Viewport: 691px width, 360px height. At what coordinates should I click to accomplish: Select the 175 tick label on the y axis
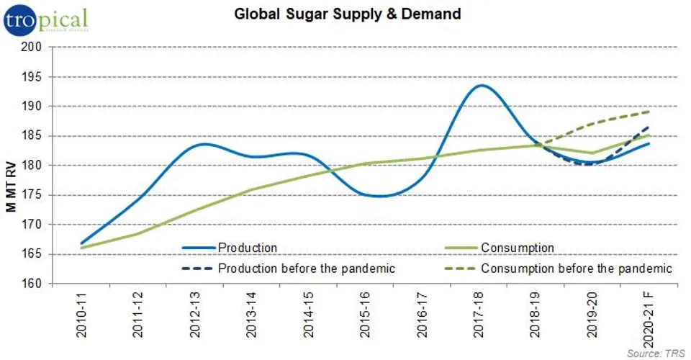34,195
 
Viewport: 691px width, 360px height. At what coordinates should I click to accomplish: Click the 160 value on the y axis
34,284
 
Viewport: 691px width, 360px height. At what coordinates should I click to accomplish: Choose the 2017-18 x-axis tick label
480,318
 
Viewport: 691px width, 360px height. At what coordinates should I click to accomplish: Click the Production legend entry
247,248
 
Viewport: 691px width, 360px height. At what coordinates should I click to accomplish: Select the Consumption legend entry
517,248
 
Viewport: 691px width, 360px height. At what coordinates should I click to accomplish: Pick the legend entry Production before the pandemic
307,269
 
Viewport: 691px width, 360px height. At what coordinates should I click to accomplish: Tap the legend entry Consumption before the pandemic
576,269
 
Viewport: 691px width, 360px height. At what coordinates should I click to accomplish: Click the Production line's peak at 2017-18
481,86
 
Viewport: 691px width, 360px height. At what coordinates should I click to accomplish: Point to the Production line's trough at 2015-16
379,196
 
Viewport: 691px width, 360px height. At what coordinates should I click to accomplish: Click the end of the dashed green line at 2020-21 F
650,112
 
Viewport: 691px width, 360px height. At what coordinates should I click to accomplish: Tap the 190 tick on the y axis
34,107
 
